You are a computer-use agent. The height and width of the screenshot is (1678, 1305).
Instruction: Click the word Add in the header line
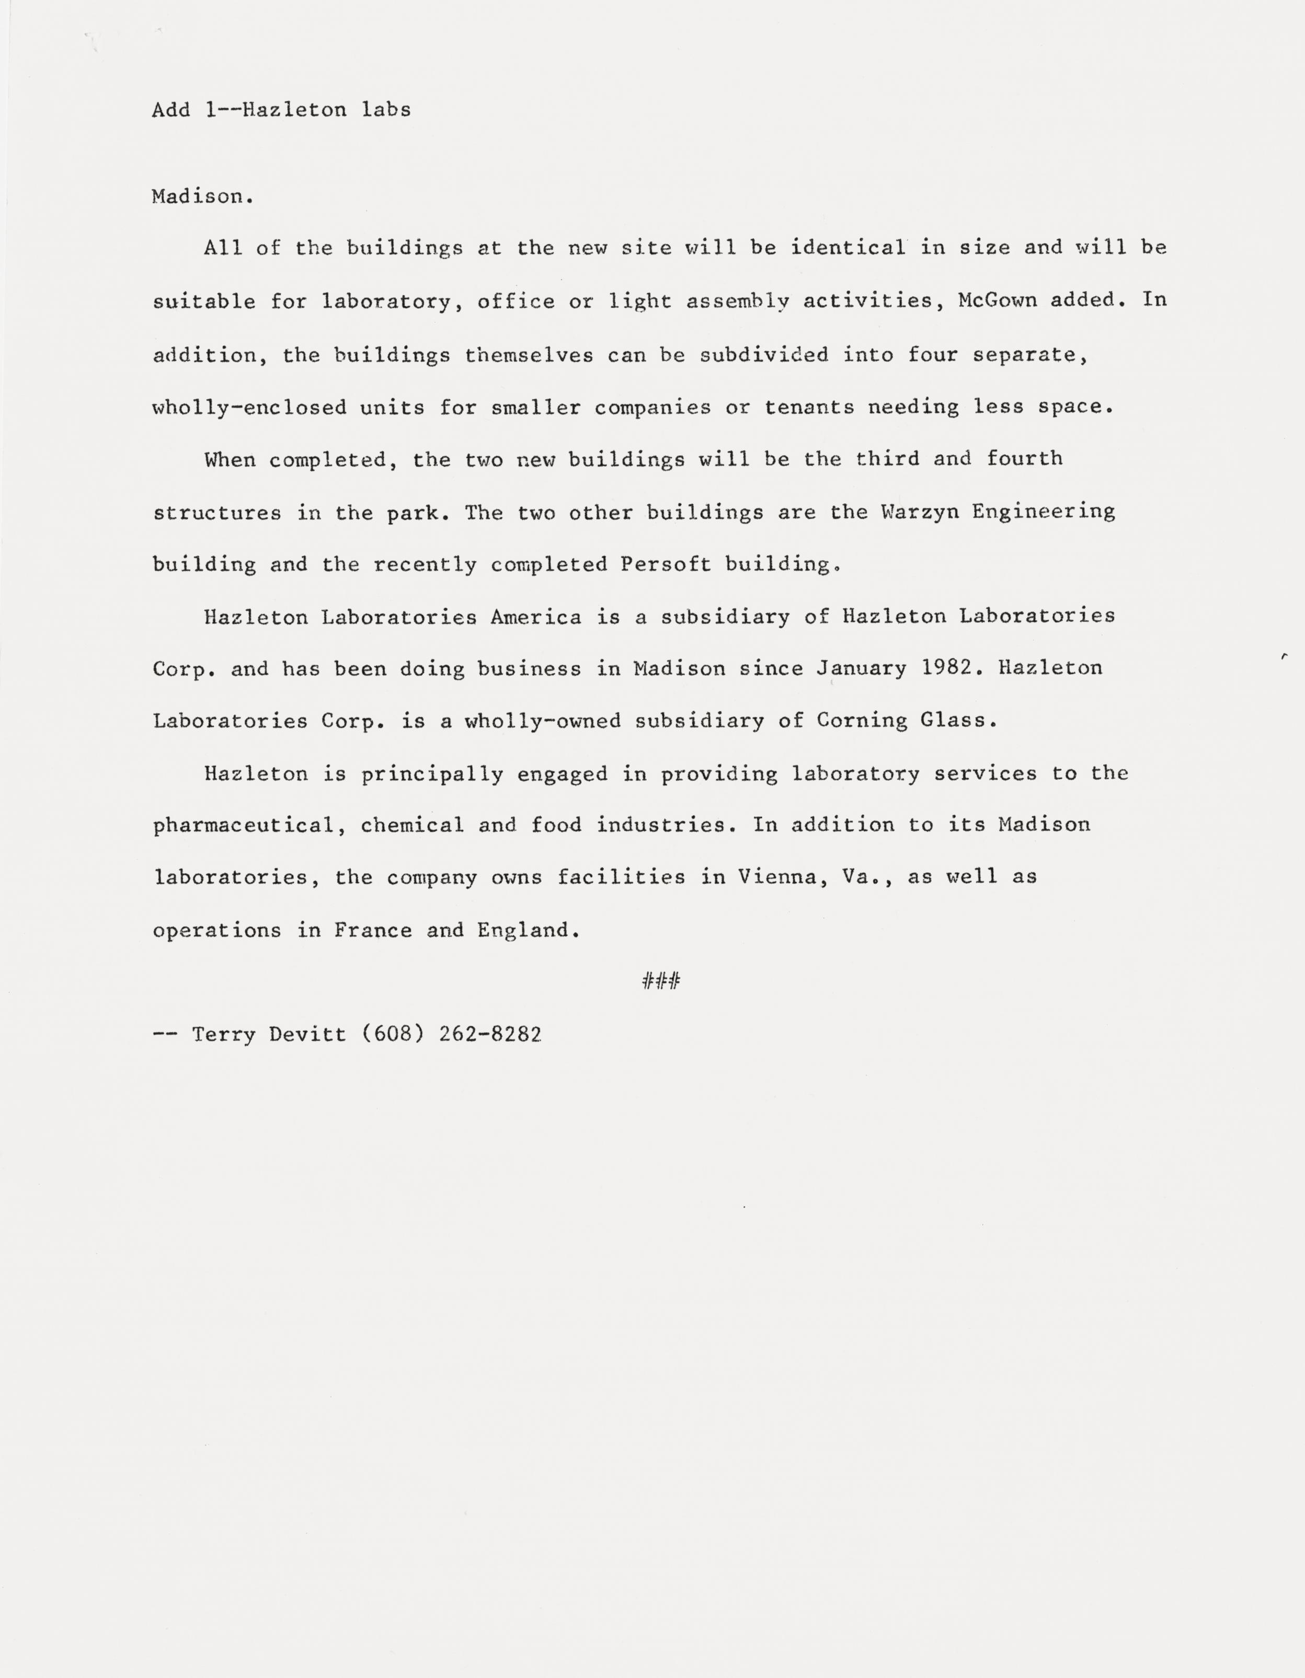170,110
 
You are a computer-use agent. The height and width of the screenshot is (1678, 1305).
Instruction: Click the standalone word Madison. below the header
202,196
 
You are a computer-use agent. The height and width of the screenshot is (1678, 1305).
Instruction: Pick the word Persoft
666,565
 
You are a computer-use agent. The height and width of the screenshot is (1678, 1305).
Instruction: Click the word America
536,617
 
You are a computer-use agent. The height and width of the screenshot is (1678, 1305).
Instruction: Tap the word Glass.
958,721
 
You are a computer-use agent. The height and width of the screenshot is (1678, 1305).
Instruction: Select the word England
528,930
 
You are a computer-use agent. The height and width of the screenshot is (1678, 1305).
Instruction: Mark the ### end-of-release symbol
661,981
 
